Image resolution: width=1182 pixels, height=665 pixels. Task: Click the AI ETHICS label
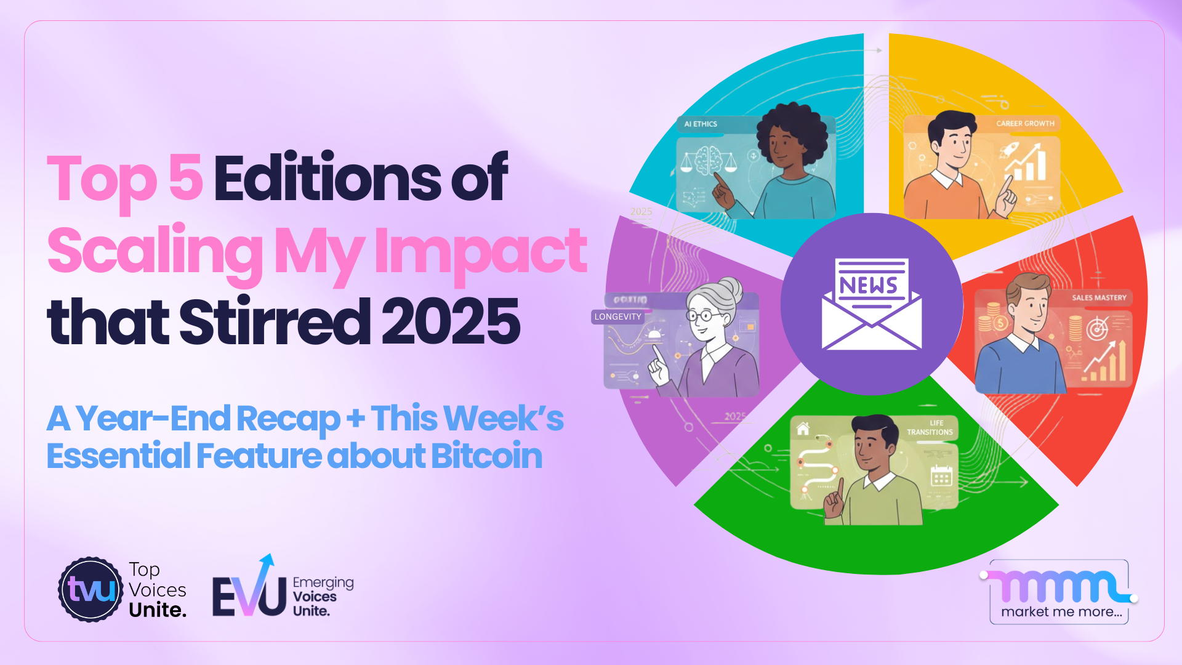[x=701, y=124]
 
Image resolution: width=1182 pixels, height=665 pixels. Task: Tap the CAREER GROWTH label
[x=1025, y=123]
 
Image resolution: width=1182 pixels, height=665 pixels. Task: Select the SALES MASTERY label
[x=1099, y=297]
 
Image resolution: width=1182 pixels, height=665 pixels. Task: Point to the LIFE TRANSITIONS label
[x=930, y=428]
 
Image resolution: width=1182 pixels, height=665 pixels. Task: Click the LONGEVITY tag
[x=617, y=316]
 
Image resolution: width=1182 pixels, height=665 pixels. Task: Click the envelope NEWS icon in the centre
[x=872, y=304]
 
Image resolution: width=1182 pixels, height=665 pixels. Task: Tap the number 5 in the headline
[x=185, y=178]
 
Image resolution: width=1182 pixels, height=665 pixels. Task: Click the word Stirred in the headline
[x=275, y=321]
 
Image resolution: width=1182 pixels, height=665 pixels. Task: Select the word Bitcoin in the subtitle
[x=486, y=456]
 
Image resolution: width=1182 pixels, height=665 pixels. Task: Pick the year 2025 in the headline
[x=451, y=321]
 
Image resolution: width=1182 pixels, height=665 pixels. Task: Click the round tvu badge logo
[x=91, y=589]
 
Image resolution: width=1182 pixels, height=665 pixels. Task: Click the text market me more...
[x=1061, y=611]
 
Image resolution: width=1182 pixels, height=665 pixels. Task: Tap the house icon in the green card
[x=803, y=429]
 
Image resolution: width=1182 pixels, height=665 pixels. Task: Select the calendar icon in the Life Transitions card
[x=941, y=477]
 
